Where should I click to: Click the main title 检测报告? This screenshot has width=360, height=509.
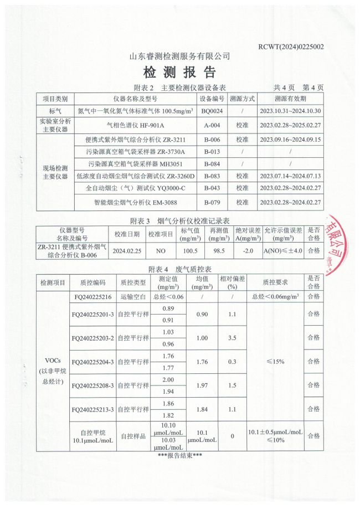tap(179, 72)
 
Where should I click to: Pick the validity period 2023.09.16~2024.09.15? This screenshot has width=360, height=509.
tap(290, 140)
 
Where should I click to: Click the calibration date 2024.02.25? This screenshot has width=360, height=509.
tap(127, 250)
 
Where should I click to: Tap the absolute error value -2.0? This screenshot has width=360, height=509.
tap(247, 250)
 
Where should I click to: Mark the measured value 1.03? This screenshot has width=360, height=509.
tap(168, 332)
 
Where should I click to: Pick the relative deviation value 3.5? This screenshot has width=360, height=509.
tap(232, 337)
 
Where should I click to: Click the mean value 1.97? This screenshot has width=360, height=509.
tap(202, 385)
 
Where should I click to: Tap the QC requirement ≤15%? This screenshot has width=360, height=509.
tap(275, 361)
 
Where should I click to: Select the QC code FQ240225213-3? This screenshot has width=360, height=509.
tap(93, 409)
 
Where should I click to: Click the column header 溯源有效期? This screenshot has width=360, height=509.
tap(290, 99)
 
